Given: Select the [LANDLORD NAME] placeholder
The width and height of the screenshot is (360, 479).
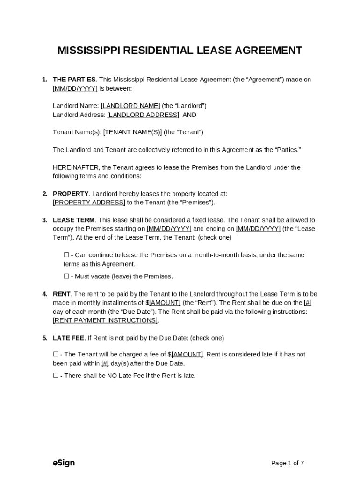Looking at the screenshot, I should pyautogui.click(x=130, y=106).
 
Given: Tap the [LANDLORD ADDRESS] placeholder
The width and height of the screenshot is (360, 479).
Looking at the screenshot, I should pyautogui.click(x=143, y=115).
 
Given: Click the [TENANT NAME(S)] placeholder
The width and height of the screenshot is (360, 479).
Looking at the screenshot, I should pyautogui.click(x=132, y=132).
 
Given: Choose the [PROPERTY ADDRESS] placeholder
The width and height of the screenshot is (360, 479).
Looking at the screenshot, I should pyautogui.click(x=89, y=203).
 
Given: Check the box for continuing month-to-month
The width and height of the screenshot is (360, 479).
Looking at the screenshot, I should pyautogui.click(x=66, y=255).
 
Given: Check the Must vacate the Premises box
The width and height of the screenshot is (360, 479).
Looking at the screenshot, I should pyautogui.click(x=66, y=276).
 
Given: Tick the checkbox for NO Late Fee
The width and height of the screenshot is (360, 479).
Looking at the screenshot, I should pyautogui.click(x=56, y=376).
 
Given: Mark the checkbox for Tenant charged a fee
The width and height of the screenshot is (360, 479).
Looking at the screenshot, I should pyautogui.click(x=56, y=355).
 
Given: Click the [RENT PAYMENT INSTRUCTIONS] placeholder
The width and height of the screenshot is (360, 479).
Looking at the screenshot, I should pyautogui.click(x=105, y=320).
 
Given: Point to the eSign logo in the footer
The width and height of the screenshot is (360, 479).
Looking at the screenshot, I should pyautogui.click(x=64, y=463).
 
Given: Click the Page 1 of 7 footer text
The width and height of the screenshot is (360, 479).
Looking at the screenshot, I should pyautogui.click(x=288, y=464).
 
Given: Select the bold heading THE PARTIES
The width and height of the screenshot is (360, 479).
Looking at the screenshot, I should pyautogui.click(x=74, y=80).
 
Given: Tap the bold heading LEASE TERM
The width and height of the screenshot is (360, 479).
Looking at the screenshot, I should pyautogui.click(x=73, y=220).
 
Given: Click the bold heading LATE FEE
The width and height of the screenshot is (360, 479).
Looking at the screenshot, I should pyautogui.click(x=68, y=338).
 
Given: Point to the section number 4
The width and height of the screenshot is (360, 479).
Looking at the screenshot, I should pyautogui.click(x=44, y=294).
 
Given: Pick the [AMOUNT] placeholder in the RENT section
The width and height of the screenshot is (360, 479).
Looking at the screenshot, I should pyautogui.click(x=165, y=303).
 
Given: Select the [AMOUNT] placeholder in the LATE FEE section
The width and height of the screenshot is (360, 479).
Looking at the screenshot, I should pyautogui.click(x=187, y=355).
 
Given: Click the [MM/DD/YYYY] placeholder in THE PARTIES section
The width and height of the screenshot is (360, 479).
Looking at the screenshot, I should pyautogui.click(x=75, y=88).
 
